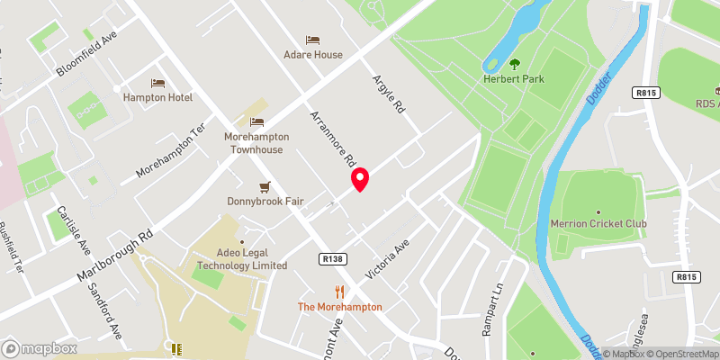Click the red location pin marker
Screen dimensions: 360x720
point(360,179)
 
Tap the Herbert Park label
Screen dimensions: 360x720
point(515,79)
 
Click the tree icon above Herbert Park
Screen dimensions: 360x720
point(515,63)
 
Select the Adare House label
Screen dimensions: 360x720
point(312,55)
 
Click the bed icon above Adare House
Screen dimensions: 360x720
point(312,40)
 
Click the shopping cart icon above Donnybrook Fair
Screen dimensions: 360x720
point(265,186)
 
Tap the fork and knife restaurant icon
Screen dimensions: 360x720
point(340,291)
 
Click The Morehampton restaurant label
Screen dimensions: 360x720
point(340,307)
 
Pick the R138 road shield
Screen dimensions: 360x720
point(333,259)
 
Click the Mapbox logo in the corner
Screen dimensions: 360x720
point(39,348)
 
